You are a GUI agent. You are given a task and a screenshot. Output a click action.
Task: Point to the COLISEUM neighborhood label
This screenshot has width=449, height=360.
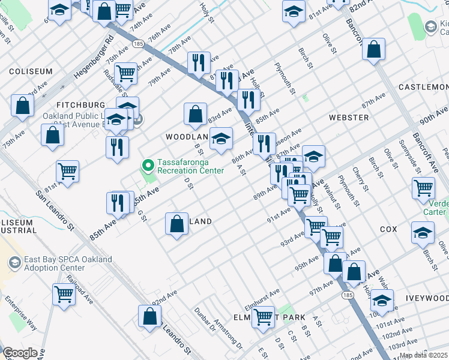point(31,71)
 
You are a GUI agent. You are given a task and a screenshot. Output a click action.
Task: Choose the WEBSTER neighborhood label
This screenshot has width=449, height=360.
point(349,118)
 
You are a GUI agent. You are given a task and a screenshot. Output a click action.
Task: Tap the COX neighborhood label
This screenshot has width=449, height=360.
point(388,230)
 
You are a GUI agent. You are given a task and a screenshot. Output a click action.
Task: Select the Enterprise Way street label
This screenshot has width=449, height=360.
point(22,313)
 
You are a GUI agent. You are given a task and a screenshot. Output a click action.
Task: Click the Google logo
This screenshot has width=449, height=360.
point(20,353)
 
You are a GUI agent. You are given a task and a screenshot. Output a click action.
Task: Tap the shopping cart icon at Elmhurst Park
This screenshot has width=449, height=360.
point(263,316)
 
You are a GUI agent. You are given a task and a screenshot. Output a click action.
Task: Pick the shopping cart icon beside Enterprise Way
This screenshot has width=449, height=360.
point(64,294)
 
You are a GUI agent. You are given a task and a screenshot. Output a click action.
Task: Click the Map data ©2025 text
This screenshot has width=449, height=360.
point(424,355)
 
